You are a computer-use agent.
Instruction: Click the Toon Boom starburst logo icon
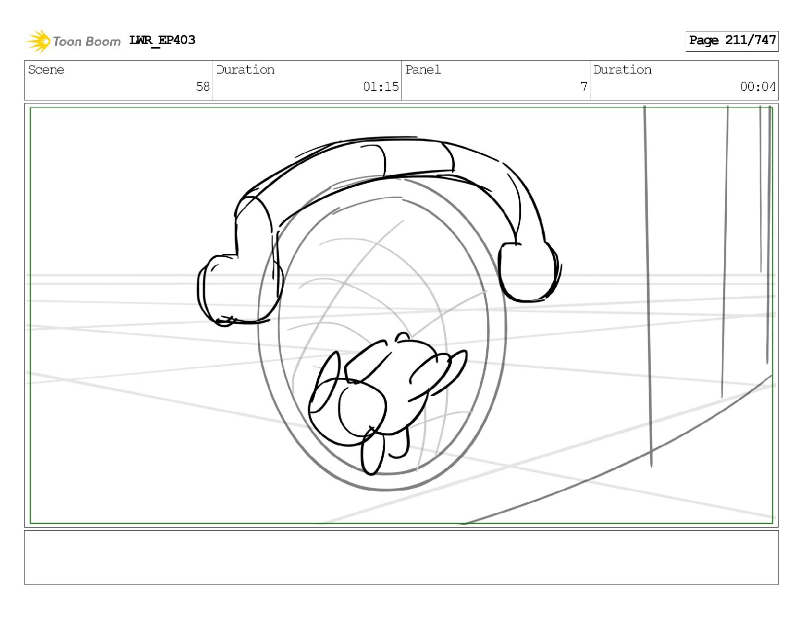[39, 41]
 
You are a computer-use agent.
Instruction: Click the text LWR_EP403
[162, 40]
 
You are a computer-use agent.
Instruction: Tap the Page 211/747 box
[732, 41]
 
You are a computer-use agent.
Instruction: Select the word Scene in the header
[46, 70]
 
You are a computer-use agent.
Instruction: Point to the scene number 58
[203, 87]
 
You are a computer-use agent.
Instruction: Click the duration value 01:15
[381, 87]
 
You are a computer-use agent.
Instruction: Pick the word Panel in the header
[423, 70]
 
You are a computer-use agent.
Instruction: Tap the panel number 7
[584, 87]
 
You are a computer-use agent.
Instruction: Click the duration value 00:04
[758, 87]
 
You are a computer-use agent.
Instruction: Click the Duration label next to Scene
[245, 70]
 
